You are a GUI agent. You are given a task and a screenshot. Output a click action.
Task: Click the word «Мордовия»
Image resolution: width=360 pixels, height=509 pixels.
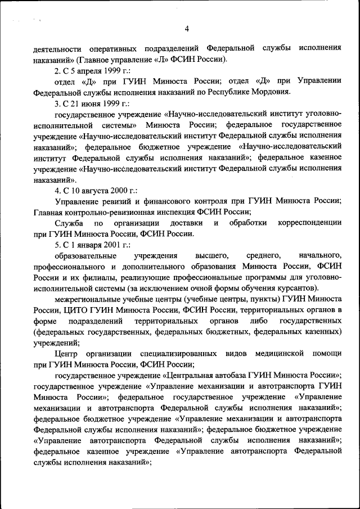271,92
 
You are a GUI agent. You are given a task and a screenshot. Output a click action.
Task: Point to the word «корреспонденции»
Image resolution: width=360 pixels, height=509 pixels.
309,223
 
